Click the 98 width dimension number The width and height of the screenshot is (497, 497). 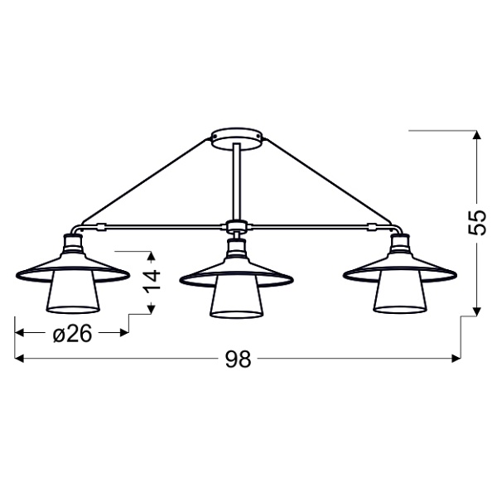[238, 359]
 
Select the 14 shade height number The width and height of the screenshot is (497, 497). [150, 280]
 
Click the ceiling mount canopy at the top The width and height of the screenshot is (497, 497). [238, 137]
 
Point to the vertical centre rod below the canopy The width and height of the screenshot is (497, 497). [238, 182]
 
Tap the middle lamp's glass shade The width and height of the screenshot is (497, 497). [236, 300]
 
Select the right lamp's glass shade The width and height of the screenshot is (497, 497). [399, 299]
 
